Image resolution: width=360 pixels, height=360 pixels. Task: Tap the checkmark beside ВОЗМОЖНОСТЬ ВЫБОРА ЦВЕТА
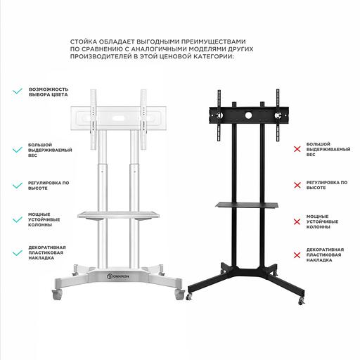[x=16, y=91]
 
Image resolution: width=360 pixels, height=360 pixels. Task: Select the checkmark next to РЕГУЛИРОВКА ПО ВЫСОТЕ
[x=16, y=186]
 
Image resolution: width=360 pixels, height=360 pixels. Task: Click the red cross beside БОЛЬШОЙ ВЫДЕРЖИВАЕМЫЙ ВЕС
[x=297, y=149]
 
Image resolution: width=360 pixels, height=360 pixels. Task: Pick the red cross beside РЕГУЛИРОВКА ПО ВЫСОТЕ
[x=297, y=185]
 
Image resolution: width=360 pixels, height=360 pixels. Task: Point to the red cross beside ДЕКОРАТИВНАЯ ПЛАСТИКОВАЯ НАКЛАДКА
[x=297, y=255]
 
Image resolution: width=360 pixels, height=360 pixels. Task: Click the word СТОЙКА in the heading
[x=89, y=42]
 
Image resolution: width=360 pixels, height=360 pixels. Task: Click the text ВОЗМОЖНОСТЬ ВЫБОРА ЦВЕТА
[x=49, y=93]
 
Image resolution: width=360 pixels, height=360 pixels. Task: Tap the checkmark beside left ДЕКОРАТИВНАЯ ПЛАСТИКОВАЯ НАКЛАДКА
[x=16, y=252]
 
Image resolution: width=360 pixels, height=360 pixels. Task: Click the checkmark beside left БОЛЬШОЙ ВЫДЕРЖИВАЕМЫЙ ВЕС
[x=16, y=150]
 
